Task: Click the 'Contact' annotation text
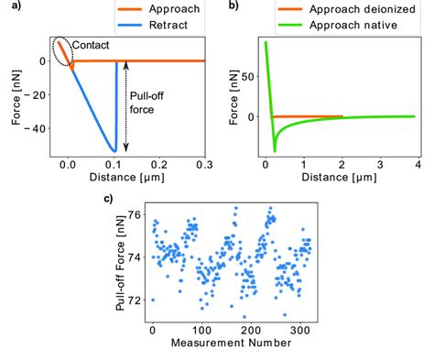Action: click(92, 43)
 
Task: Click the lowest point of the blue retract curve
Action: click(114, 150)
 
